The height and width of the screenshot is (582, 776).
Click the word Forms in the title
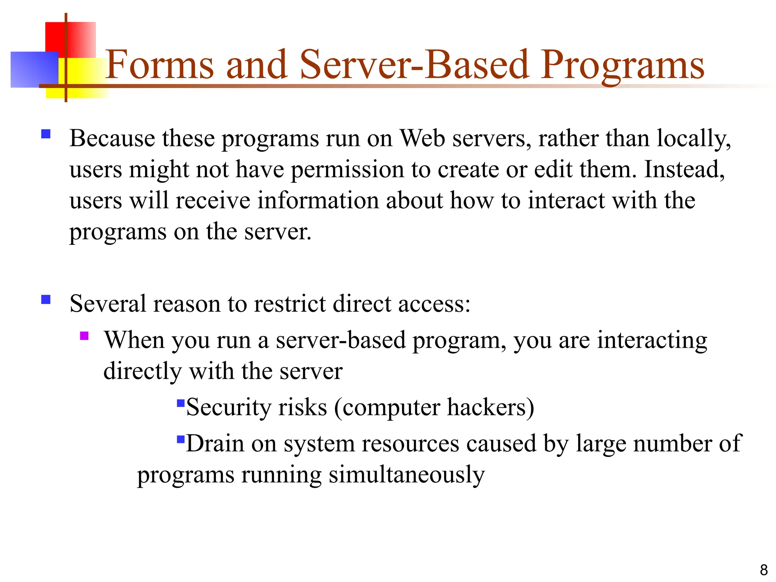click(x=159, y=65)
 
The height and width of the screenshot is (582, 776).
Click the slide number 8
click(x=763, y=570)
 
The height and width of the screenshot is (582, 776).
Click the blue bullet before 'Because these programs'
click(x=46, y=134)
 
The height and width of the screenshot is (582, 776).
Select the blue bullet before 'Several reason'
click(x=46, y=300)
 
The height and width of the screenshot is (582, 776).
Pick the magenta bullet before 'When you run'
click(x=84, y=336)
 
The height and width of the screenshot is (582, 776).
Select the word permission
click(x=347, y=170)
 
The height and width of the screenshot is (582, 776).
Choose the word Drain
click(x=215, y=443)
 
